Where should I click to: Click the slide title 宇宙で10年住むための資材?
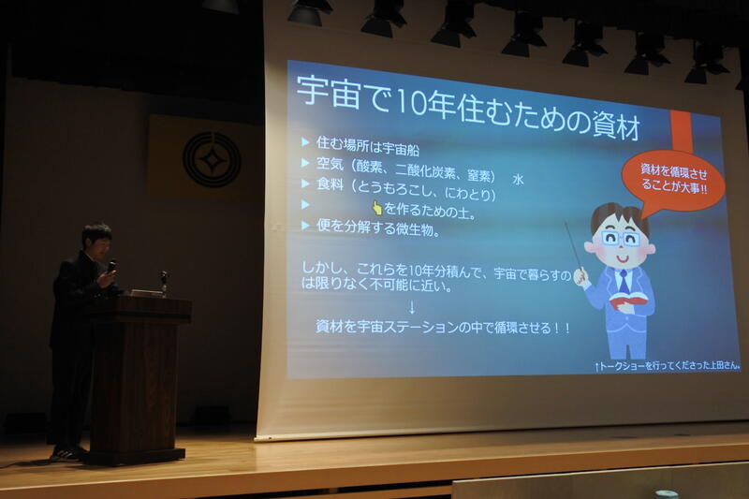pos(468,108)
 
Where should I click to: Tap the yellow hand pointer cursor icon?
pos(377,208)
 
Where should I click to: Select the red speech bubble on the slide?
pos(672,182)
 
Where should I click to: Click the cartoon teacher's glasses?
pos(621,239)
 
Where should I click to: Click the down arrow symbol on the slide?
pos(412,307)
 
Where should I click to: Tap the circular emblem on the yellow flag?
pos(212,159)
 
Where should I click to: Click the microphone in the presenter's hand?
pos(111,266)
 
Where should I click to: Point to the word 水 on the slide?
pos(519,180)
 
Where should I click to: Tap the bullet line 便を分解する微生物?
pos(378,228)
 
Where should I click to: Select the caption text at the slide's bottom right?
pos(668,366)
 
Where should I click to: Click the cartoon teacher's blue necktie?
pos(624,282)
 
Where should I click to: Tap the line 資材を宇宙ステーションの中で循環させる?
pos(443,328)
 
